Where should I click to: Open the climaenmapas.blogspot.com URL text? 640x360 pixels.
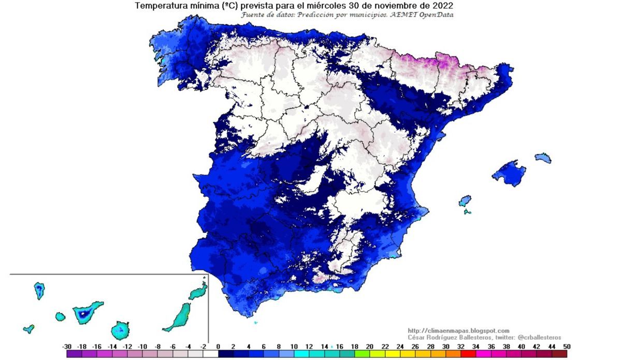[x=458, y=330]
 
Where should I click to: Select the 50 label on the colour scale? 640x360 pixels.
[x=567, y=346]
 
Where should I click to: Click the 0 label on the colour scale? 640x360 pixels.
[x=218, y=346]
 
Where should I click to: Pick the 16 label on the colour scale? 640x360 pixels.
[x=339, y=346]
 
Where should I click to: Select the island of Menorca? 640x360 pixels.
[x=543, y=158]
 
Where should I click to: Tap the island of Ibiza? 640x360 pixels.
[x=465, y=201]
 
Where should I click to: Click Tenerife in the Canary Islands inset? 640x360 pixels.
[x=86, y=312]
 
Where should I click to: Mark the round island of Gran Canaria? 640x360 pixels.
[x=120, y=329]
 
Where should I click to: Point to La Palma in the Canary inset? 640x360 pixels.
[x=39, y=290]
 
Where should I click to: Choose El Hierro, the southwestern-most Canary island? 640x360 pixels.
[x=28, y=328]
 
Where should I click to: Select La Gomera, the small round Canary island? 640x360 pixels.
[x=61, y=316]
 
